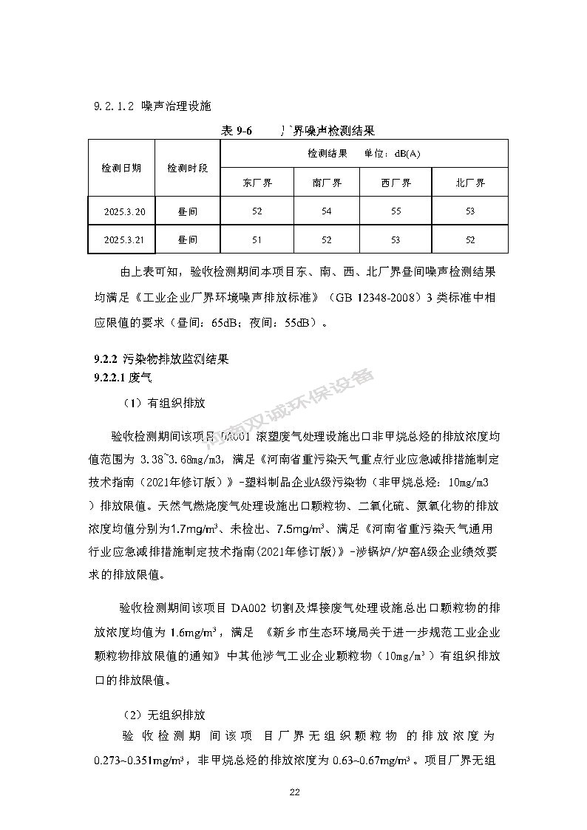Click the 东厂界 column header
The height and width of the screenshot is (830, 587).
tap(257, 183)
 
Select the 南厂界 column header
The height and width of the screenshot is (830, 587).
tap(327, 183)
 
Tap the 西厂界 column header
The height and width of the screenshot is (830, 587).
tap(396, 183)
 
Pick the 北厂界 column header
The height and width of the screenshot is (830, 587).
tap(470, 183)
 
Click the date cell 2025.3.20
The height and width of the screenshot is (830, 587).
tap(125, 212)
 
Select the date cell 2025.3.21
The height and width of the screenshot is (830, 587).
tap(125, 240)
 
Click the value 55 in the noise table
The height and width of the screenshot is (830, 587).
tap(396, 212)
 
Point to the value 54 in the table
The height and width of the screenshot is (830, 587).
tap(327, 212)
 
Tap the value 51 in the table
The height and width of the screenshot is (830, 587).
tap(257, 240)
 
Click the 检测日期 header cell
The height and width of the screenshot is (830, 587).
tap(121, 169)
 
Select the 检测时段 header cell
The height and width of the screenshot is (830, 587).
tap(188, 169)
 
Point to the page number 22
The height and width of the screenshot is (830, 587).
tap(293, 792)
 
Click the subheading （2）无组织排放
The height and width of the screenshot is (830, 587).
tap(163, 715)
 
